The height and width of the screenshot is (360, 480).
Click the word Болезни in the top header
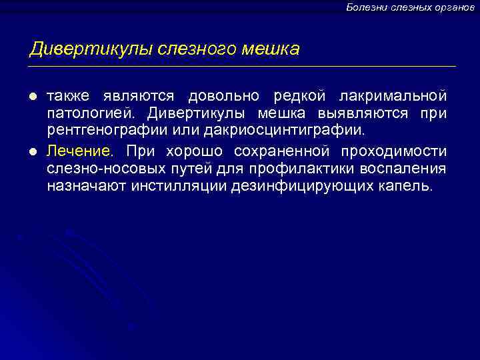(x=365, y=7)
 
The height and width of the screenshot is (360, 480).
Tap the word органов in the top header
(x=453, y=7)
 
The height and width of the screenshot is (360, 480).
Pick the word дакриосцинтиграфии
(x=296, y=131)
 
